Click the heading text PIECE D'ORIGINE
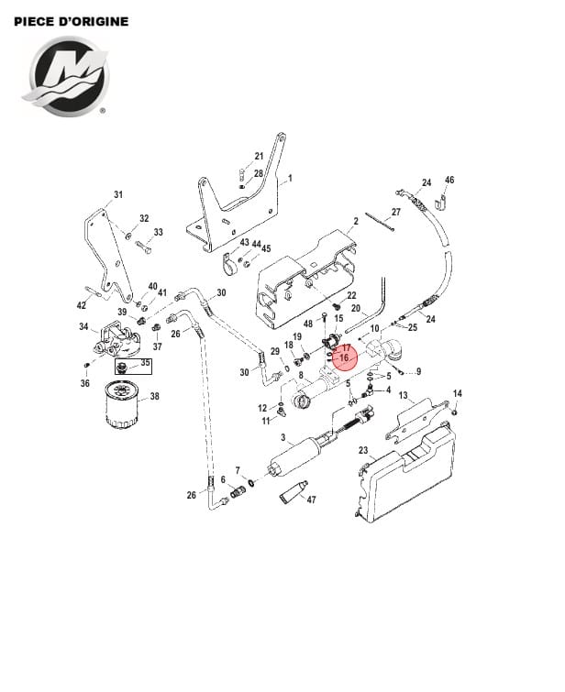click(x=72, y=20)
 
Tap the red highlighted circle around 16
click(x=344, y=355)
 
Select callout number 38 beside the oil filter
click(x=154, y=397)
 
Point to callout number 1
click(x=289, y=178)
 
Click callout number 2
click(x=355, y=222)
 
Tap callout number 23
click(x=362, y=450)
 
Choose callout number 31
click(x=117, y=194)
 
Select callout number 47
click(x=310, y=500)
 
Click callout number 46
click(x=449, y=181)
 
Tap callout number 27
click(x=396, y=212)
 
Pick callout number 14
click(x=458, y=394)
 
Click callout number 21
click(x=259, y=156)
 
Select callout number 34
click(x=83, y=327)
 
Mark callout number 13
click(x=402, y=394)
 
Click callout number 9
click(x=417, y=371)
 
